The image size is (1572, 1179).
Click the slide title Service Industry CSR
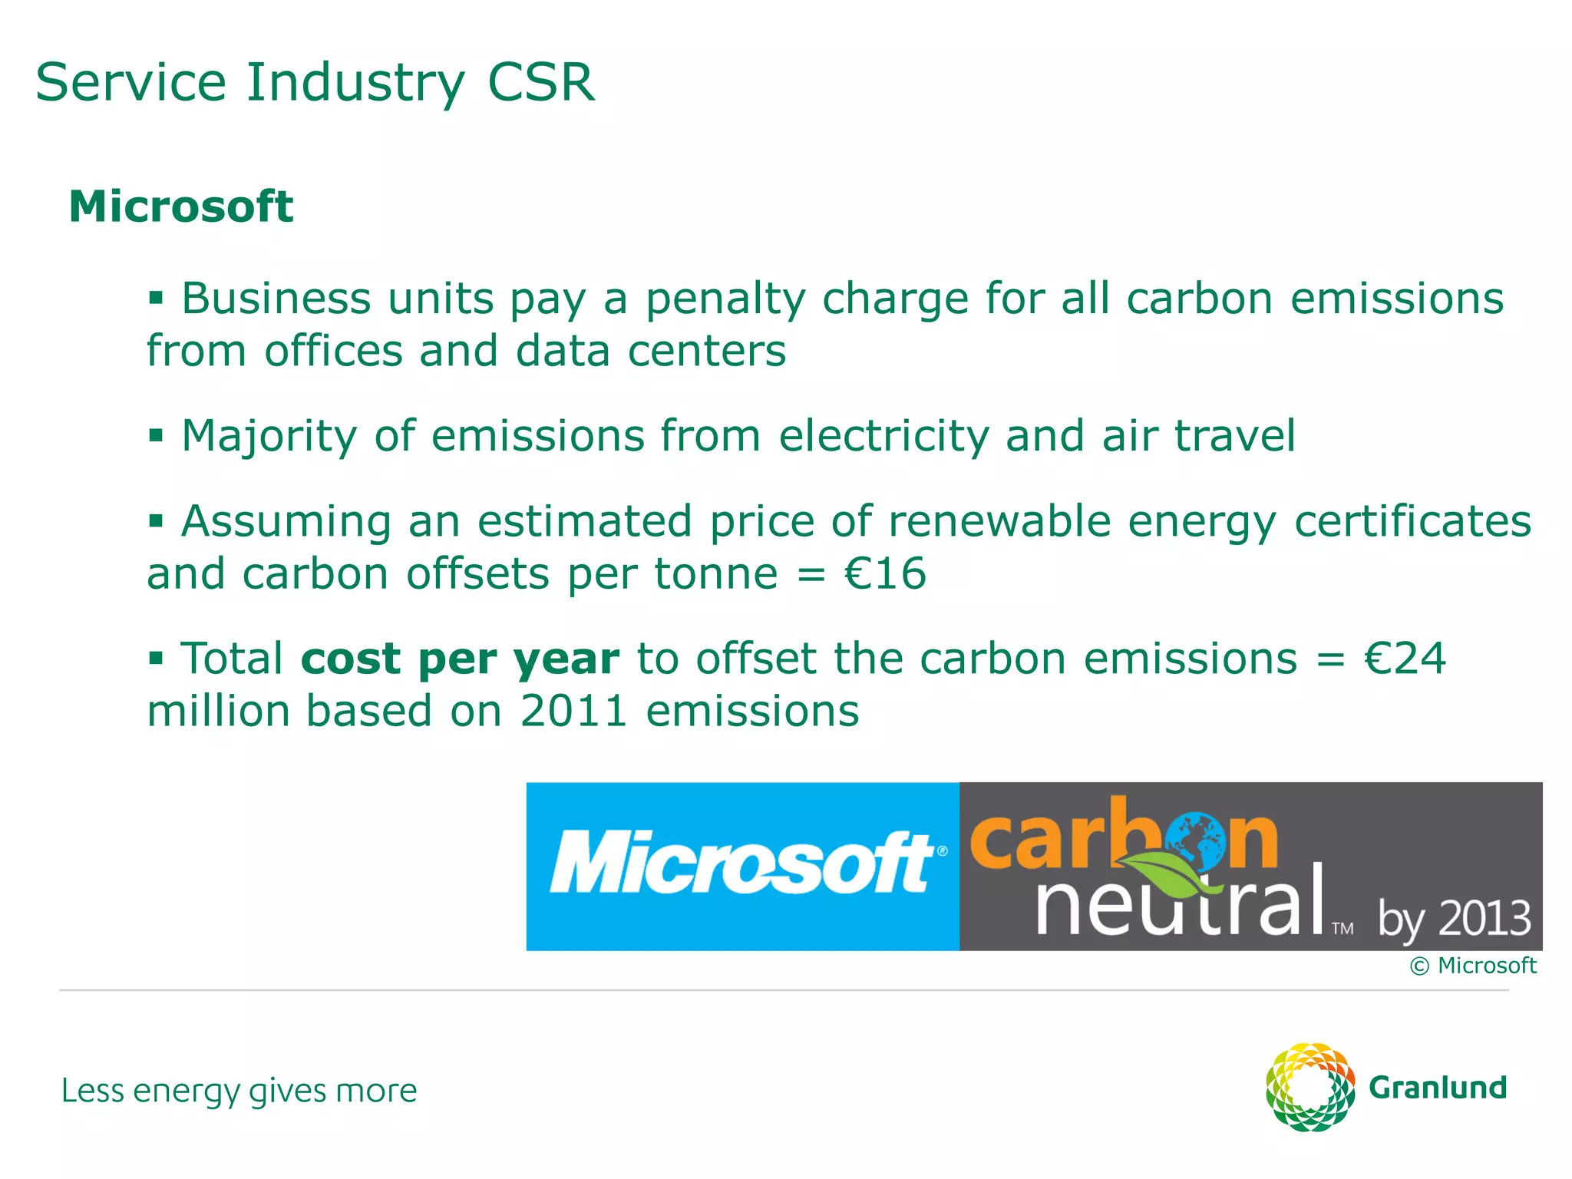[x=315, y=83]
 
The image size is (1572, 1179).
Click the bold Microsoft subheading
[x=181, y=207]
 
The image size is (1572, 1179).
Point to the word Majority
[x=269, y=437]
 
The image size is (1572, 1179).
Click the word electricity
[x=883, y=436]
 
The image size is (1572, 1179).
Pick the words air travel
[x=1198, y=436]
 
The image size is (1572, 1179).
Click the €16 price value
[x=885, y=574]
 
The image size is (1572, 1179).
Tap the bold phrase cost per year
[x=460, y=659]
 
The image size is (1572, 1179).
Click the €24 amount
[x=1405, y=659]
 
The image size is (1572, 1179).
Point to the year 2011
[x=574, y=712]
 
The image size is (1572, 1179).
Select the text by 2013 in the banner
[x=1453, y=920]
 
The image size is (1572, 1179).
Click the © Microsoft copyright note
[x=1473, y=966]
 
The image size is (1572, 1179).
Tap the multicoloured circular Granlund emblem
[x=1309, y=1087]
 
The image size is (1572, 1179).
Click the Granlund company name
[x=1438, y=1088]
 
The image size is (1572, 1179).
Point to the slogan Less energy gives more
[x=239, y=1091]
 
